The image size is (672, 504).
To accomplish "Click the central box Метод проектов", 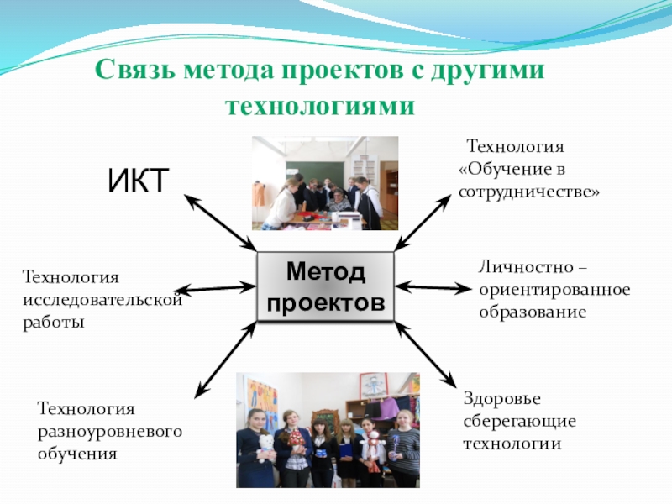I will (325, 286).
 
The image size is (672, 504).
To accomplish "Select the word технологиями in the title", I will (321, 107).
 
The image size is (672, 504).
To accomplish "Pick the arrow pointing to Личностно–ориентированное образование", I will (433, 287).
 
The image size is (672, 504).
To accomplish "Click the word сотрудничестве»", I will (528, 192).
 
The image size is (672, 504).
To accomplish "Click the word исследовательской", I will (102, 298).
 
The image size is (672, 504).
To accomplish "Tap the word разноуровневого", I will (109, 431).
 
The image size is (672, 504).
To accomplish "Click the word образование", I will (532, 311).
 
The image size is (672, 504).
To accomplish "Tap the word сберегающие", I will (518, 420).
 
